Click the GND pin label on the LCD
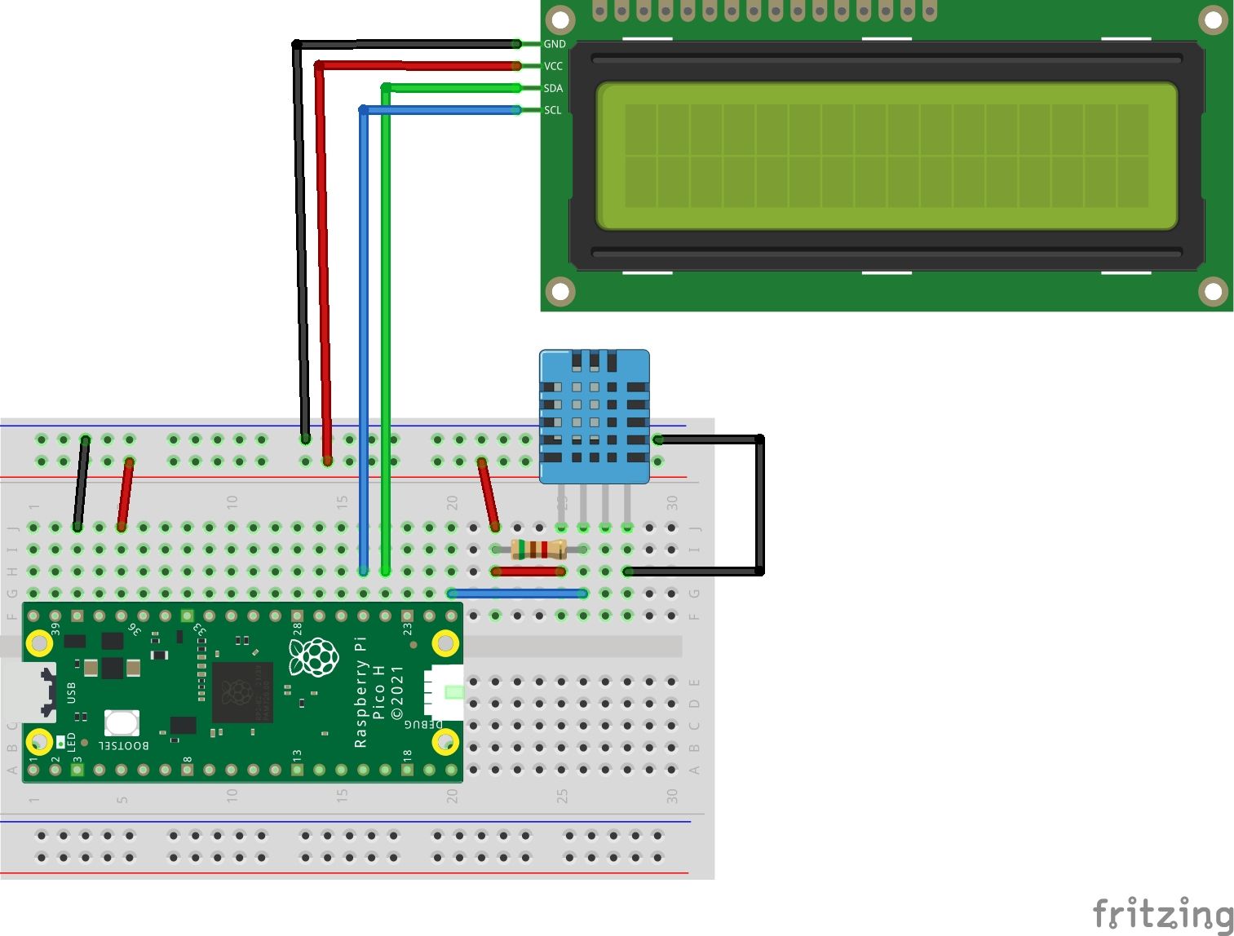coord(554,44)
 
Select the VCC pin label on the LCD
coord(553,66)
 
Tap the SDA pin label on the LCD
coord(553,88)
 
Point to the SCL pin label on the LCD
coord(552,110)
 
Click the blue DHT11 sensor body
coord(595,416)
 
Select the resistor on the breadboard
coord(538,550)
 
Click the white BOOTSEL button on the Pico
coord(122,722)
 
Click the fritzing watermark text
coord(1162,913)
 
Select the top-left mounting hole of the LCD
coord(560,20)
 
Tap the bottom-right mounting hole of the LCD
coord(1213,291)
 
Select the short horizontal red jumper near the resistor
coord(528,572)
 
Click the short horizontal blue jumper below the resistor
coord(517,594)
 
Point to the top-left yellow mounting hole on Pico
coord(39,643)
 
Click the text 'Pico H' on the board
coord(378,692)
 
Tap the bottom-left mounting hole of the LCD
coord(560,291)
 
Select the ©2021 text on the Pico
coord(397,692)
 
